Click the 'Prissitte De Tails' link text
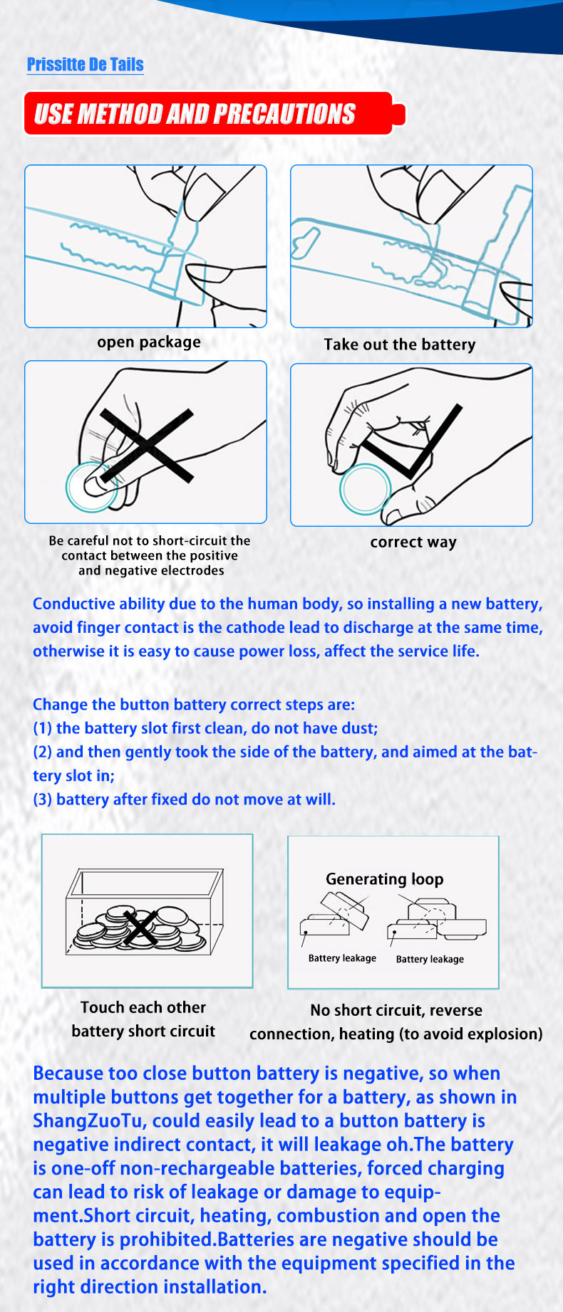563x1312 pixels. point(86,65)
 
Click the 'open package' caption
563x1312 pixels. point(149,342)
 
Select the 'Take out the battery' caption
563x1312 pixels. point(399,345)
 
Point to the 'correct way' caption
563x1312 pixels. point(413,542)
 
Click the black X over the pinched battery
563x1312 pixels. point(147,446)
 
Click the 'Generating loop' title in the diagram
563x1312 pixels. point(385,879)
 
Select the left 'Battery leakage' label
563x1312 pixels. point(342,958)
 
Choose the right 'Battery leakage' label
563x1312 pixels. point(430,959)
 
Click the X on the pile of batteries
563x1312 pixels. point(141,927)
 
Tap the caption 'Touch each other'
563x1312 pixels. point(143,1007)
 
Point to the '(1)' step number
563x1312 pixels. point(42,728)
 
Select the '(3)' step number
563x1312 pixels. point(42,799)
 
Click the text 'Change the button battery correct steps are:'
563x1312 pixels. point(194,705)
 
